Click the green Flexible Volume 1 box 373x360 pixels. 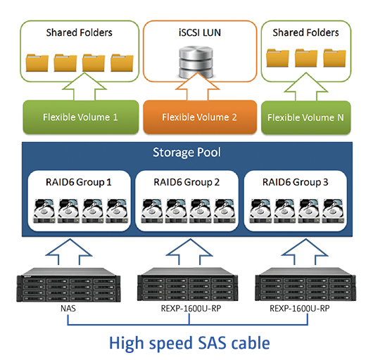click(x=81, y=117)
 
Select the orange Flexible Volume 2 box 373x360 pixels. click(x=200, y=117)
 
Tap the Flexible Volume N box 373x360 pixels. click(x=306, y=117)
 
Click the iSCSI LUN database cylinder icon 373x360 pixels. click(x=196, y=63)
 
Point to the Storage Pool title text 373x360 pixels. click(x=186, y=153)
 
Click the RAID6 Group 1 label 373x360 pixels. click(x=79, y=182)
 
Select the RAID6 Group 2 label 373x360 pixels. click(x=186, y=182)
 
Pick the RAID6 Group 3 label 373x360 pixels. click(x=295, y=182)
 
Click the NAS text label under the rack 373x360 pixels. click(x=68, y=309)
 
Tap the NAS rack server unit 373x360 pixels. click(x=68, y=285)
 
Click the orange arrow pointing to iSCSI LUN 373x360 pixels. click(x=197, y=86)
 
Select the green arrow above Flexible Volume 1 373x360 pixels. click(x=84, y=86)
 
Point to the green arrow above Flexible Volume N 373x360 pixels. click(x=306, y=86)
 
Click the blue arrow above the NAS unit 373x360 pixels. click(x=69, y=252)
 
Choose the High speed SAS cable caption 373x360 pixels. click(x=189, y=343)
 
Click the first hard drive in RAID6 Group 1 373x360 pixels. click(x=44, y=211)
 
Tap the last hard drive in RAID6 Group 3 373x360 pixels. click(x=333, y=211)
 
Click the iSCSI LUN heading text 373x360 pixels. click(x=200, y=32)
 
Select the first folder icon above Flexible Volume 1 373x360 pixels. click(x=37, y=63)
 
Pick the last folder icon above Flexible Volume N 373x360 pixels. click(x=334, y=58)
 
